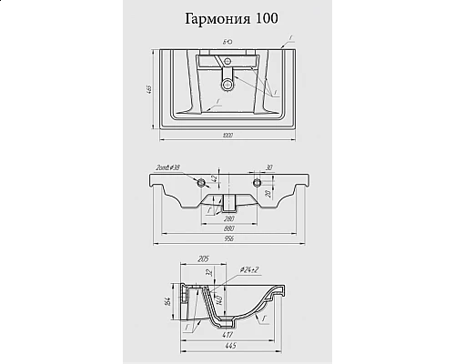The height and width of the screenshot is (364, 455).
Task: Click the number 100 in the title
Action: (x=268, y=19)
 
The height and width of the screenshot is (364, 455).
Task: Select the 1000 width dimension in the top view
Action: (x=226, y=135)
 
